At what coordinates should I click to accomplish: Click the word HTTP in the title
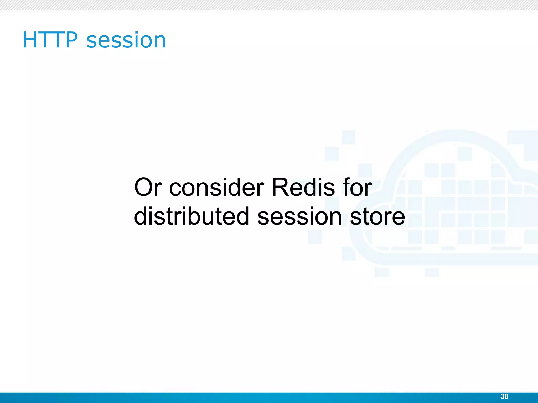click(x=50, y=40)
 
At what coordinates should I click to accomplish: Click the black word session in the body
click(x=299, y=216)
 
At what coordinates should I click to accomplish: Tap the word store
click(x=377, y=216)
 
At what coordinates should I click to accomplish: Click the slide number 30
click(x=504, y=396)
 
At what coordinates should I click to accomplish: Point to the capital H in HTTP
click(x=30, y=40)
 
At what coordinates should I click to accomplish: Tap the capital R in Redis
click(x=280, y=187)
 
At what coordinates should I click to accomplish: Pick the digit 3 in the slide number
click(x=502, y=396)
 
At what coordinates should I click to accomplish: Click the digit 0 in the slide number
click(x=506, y=396)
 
